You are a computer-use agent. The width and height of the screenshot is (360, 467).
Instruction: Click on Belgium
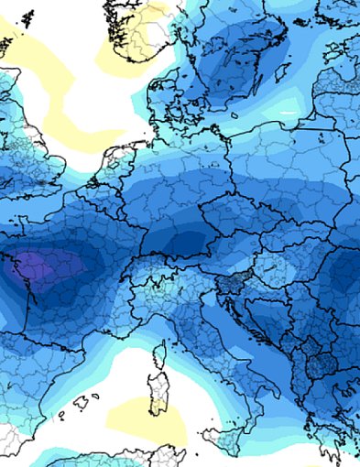pyautogui.click(x=101, y=201)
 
